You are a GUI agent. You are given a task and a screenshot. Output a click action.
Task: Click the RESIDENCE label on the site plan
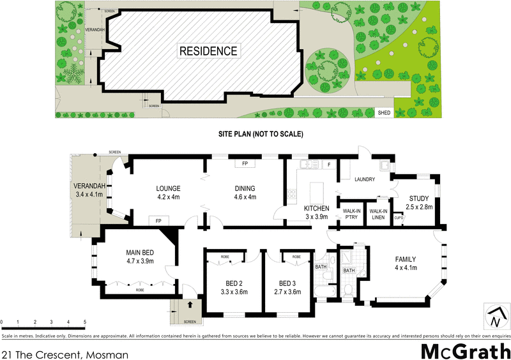click(208, 51)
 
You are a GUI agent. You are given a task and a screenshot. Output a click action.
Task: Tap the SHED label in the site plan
click(384, 113)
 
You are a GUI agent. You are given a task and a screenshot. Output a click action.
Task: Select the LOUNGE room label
click(169, 188)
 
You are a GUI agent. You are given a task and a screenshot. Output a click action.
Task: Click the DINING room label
click(245, 188)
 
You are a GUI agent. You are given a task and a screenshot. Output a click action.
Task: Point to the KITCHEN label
click(316, 209)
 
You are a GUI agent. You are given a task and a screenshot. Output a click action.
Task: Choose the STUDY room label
click(420, 199)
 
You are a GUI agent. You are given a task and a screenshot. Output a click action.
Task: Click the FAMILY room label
click(404, 259)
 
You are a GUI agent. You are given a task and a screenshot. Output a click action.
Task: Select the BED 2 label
click(233, 283)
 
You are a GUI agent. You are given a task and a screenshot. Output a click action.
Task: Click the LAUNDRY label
click(365, 179)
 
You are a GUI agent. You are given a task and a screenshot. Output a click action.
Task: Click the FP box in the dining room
click(245, 164)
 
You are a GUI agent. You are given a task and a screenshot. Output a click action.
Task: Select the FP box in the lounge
click(158, 220)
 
